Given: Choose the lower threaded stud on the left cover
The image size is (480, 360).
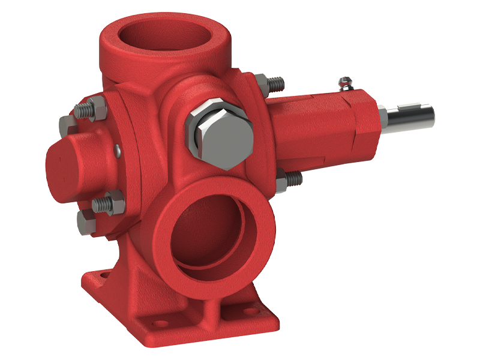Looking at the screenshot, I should click(x=106, y=201).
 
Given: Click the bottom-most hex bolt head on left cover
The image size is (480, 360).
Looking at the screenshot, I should click(x=86, y=223).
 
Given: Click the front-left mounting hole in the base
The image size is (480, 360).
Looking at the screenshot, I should click(x=159, y=325).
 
